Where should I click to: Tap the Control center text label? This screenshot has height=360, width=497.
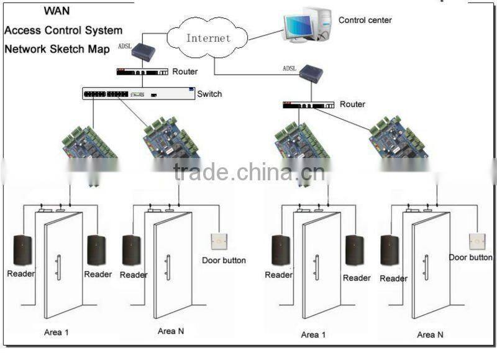coord(365,21)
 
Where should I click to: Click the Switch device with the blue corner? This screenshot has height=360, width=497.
coord(139,94)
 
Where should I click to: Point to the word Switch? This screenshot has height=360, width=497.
coord(209,95)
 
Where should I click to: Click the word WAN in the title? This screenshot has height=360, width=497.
coord(56,11)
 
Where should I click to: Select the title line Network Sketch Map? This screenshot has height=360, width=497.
coord(57,48)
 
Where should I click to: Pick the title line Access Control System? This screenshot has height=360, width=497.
coord(63,30)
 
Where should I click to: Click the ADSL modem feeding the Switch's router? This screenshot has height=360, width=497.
coord(142,52)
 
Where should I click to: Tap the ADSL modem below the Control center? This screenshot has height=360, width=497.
coord(311,74)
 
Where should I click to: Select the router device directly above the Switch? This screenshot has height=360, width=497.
coord(142,72)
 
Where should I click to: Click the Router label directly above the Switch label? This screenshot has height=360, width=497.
coord(185,72)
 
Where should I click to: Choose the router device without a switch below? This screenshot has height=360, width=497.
coord(308,105)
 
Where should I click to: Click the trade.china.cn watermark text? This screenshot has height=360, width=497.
coord(249,172)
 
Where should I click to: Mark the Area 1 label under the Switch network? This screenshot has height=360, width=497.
coord(56,333)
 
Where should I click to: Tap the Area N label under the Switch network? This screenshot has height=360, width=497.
coord(171,331)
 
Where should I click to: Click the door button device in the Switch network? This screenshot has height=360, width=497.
coord(219,241)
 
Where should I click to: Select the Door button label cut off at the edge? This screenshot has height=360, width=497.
coord(471,257)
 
